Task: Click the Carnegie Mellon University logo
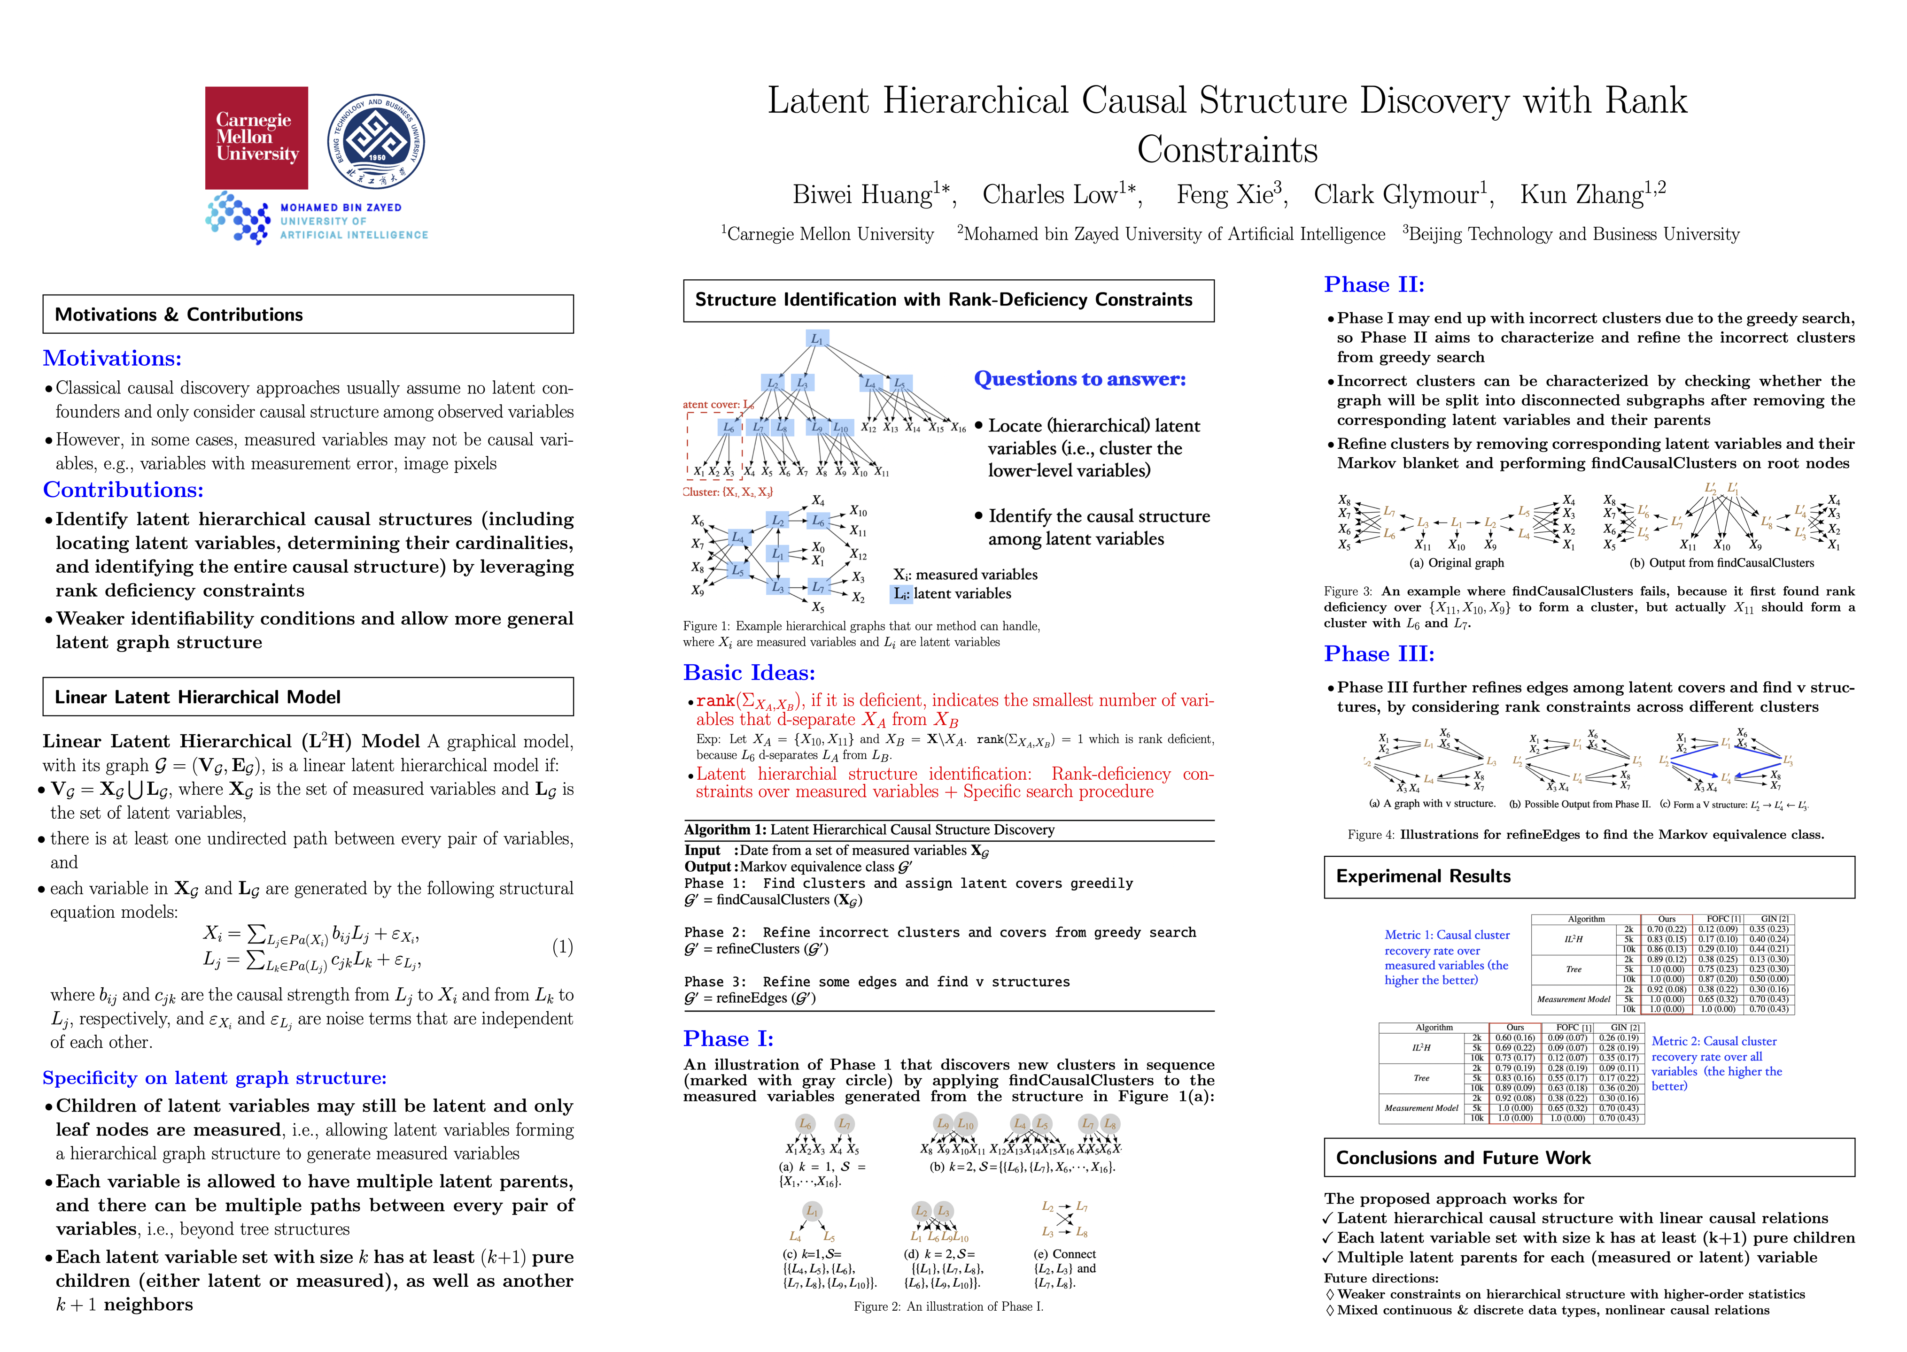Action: (256, 138)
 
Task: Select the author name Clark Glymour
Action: (1403, 195)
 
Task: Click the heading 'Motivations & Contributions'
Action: (179, 315)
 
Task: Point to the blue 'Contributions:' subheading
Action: (123, 490)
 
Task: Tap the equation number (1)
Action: (562, 946)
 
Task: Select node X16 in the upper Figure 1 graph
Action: (959, 428)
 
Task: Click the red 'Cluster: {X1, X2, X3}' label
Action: (727, 492)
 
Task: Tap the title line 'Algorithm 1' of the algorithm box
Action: (868, 830)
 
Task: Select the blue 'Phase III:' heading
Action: (1379, 654)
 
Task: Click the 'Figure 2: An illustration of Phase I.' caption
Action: (948, 1306)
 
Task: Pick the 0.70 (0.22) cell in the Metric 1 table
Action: (1667, 929)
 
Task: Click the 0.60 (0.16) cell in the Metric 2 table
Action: (1515, 1037)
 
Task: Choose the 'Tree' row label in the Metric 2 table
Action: (1421, 1078)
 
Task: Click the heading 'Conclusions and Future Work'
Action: (1463, 1158)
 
